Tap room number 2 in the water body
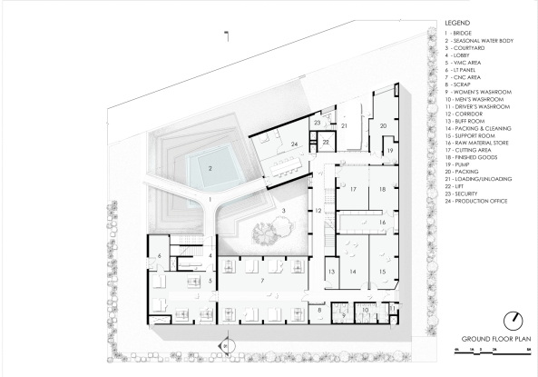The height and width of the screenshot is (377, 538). click(x=210, y=168)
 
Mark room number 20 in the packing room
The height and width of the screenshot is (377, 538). click(x=383, y=125)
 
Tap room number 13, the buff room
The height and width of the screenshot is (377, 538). click(x=331, y=272)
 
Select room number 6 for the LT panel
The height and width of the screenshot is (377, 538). click(x=161, y=257)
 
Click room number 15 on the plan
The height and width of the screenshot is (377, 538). click(x=383, y=272)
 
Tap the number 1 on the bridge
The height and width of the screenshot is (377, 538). click(x=210, y=197)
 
